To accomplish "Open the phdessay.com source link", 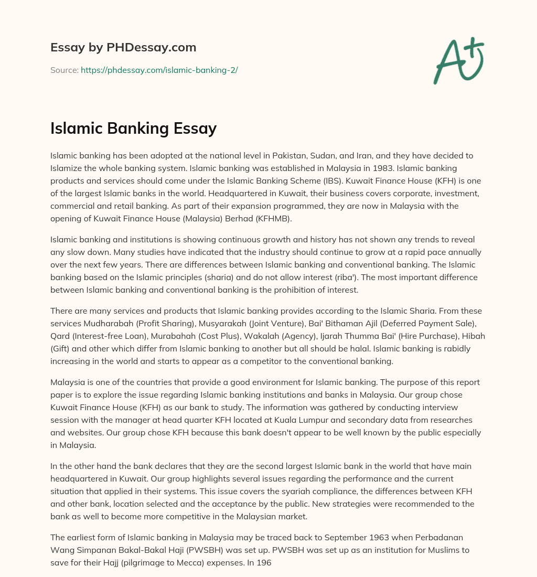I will tap(159, 70).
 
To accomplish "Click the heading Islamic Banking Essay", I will tap(133, 128).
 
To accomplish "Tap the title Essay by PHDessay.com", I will tap(123, 47).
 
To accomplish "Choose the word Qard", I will tap(59, 336).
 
